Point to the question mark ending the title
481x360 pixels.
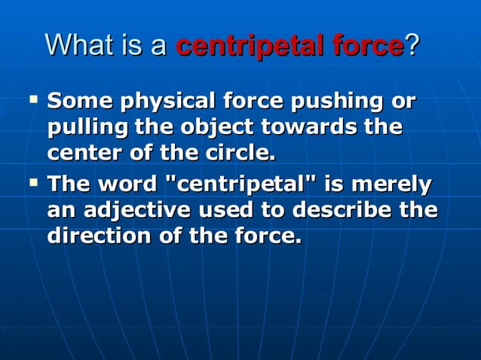coord(412,46)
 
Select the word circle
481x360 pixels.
coord(241,154)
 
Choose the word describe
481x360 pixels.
coord(346,210)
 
